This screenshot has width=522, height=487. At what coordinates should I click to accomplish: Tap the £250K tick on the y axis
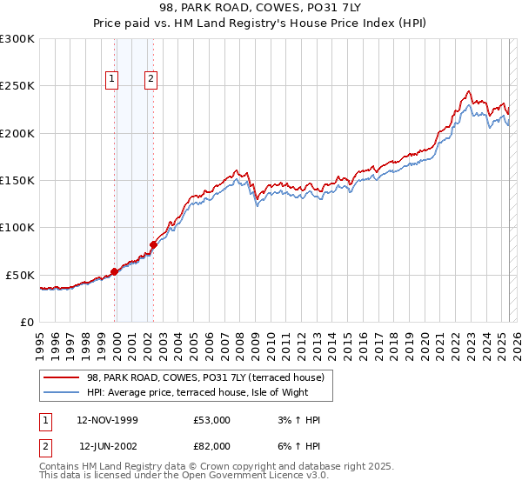(17, 86)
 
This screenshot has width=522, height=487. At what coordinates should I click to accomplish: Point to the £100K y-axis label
(17, 227)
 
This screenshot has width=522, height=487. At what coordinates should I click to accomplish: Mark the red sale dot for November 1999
(114, 271)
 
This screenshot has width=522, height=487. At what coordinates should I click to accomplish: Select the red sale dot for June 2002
(153, 244)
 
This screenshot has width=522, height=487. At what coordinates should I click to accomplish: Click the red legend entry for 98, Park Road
(205, 377)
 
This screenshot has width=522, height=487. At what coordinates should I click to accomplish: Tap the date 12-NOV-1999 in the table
(107, 420)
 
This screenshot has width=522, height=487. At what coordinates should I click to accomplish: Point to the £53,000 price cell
(212, 420)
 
